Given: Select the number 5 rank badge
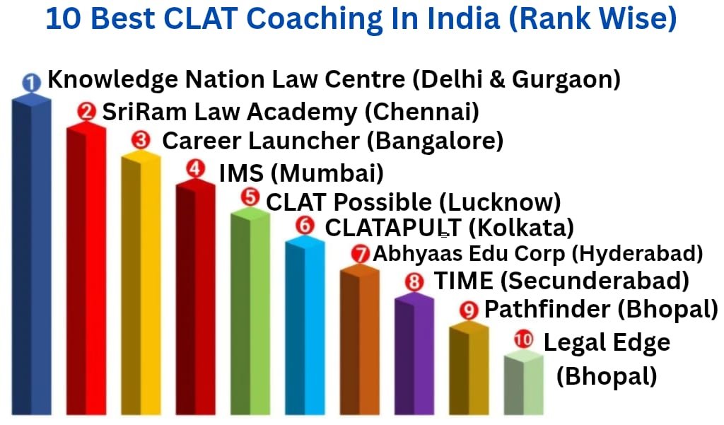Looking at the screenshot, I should coord(250,197).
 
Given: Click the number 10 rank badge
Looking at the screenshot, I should coord(524,340).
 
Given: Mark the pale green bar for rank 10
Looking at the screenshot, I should coord(524,385).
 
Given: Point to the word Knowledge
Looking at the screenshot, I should coord(112,79).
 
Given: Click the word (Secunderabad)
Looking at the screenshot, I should coord(595,281).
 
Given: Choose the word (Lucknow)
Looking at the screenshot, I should coord(500,202).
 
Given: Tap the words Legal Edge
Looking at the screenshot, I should coord(606,343).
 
